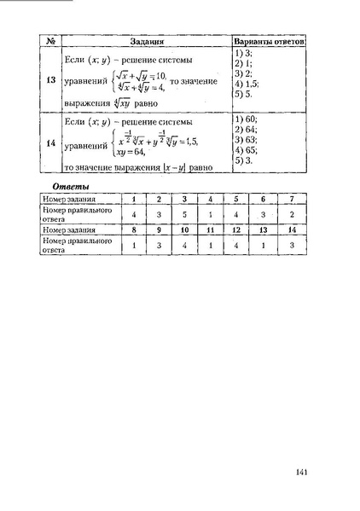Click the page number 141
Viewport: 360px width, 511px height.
point(301,472)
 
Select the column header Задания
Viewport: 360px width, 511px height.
point(147,41)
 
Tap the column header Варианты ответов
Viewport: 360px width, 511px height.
point(270,41)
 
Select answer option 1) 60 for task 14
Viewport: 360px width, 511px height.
point(247,120)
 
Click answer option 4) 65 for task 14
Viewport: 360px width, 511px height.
point(247,150)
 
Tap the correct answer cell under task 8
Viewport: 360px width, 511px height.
point(133,246)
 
